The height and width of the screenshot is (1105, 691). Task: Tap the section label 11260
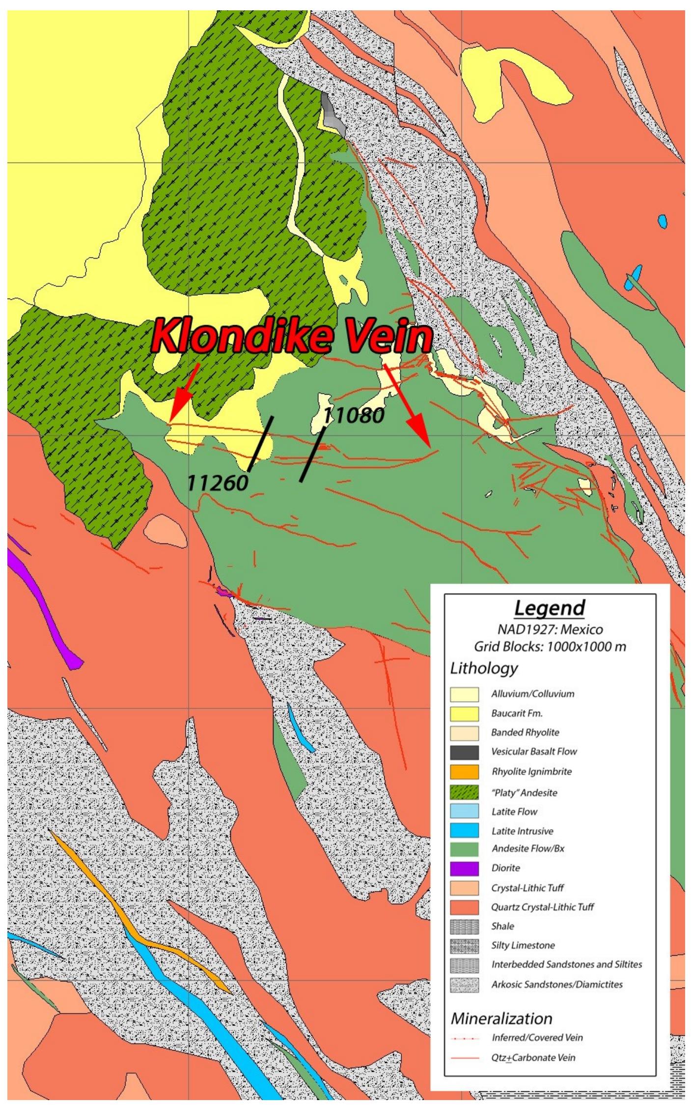218,483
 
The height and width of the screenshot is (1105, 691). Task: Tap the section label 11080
354,416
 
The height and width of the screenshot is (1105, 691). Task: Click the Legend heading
550,608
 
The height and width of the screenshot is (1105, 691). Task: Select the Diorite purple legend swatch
464,868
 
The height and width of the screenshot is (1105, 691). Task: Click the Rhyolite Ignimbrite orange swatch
464,771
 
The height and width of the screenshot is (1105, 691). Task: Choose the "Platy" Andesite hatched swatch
464,792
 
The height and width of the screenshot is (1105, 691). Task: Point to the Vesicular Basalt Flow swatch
464,752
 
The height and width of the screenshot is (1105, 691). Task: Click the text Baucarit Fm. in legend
517,713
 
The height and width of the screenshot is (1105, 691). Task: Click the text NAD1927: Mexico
550,629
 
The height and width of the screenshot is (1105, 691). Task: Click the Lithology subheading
484,668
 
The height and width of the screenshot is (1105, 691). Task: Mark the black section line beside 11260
261,443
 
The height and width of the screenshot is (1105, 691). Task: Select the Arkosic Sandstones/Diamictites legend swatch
464,984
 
